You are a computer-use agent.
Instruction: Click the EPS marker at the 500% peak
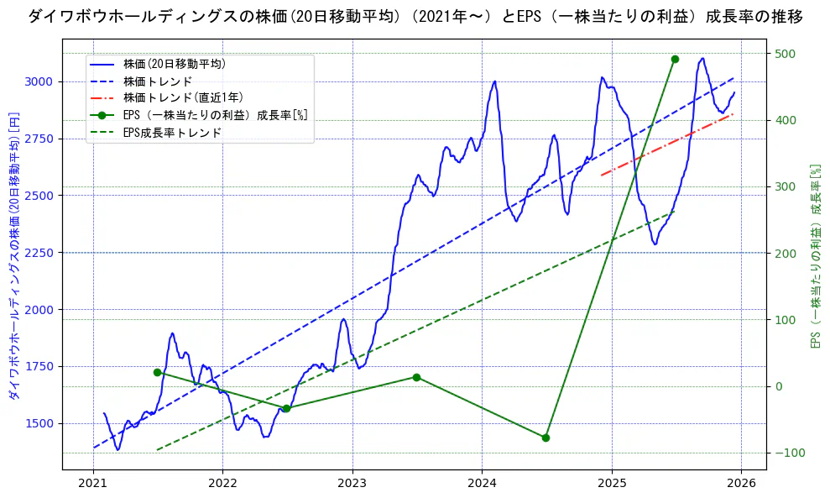tap(675, 59)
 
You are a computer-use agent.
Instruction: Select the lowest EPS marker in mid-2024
tap(546, 438)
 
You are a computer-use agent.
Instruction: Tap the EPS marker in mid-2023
tap(416, 377)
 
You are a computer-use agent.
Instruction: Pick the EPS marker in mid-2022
tap(286, 408)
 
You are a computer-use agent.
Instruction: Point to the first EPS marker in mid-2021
tap(157, 372)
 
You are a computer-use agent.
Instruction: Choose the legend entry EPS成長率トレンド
tap(172, 133)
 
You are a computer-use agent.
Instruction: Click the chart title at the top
tap(415, 16)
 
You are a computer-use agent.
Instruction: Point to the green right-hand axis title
tap(814, 256)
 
